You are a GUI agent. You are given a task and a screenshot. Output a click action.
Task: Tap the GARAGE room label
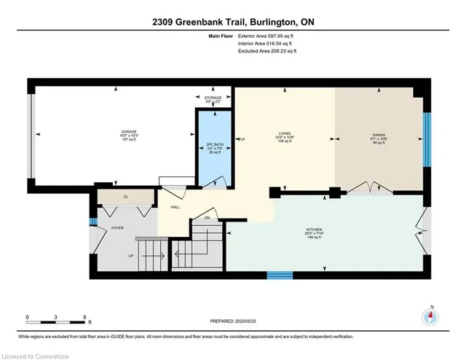point(129,133)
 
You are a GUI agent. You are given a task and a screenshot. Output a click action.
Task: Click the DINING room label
point(379,135)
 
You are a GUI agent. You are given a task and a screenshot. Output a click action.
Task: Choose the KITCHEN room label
point(314,230)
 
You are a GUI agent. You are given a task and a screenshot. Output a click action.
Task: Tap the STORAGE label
point(213,97)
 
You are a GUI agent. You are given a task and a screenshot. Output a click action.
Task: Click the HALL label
point(175,208)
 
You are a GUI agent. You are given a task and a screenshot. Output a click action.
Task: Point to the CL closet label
point(125,196)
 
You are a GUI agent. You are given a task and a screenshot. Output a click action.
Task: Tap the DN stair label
point(207,218)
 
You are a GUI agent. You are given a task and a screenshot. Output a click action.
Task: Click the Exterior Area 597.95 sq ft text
point(268,36)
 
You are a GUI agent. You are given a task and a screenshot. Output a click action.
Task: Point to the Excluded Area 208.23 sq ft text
point(268,51)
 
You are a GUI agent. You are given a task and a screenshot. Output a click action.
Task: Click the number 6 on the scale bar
point(86,318)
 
